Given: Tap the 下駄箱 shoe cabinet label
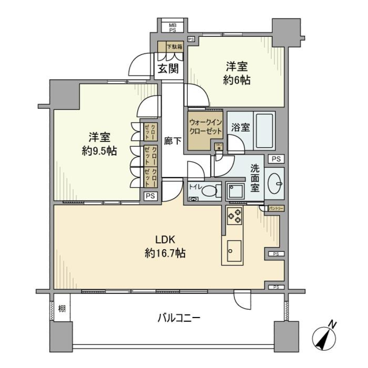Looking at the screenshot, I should pyautogui.click(x=174, y=47).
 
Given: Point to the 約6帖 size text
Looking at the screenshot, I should pyautogui.click(x=236, y=80).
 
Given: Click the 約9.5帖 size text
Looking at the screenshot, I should pyautogui.click(x=99, y=151).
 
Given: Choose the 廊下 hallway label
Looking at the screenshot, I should pyautogui.click(x=173, y=141).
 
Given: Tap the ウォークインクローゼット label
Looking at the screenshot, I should pyautogui.click(x=205, y=127).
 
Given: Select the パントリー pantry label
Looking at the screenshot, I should pyautogui.click(x=276, y=208).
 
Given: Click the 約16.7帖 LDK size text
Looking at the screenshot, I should pyautogui.click(x=165, y=253).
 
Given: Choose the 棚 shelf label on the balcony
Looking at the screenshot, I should pyautogui.click(x=61, y=308).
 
